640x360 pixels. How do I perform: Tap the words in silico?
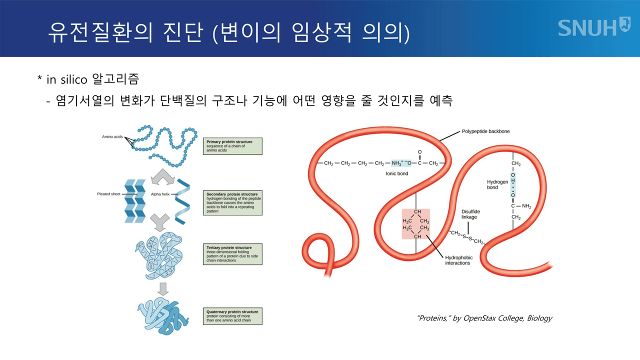click(67, 79)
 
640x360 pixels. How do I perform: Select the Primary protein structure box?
click(233, 146)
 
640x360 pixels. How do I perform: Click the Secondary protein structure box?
click(233, 202)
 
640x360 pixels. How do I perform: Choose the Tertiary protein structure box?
click(233, 254)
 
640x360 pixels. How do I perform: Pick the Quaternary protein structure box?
click(233, 316)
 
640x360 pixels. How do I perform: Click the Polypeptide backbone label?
click(485, 131)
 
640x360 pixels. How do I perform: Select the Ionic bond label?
click(396, 173)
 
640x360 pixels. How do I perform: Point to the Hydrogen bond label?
click(497, 184)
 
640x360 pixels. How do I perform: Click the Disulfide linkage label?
click(469, 214)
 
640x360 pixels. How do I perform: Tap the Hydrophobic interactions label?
click(458, 260)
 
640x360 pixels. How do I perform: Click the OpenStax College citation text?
click(484, 318)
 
